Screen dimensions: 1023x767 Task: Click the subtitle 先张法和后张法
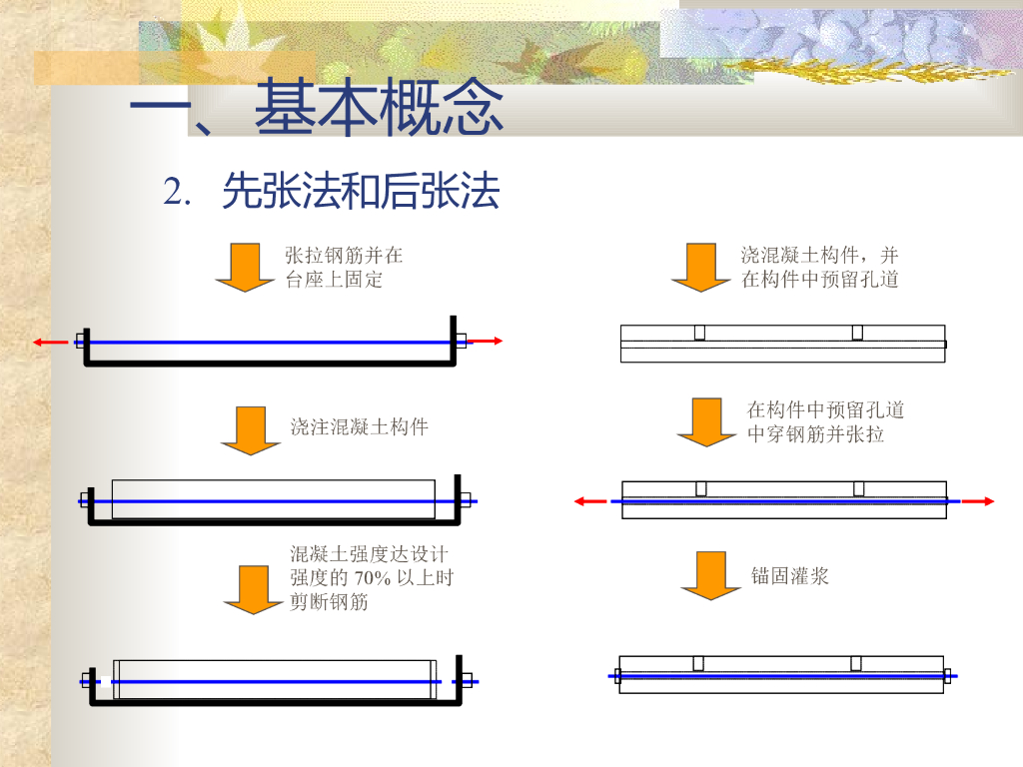pyautogui.click(x=361, y=191)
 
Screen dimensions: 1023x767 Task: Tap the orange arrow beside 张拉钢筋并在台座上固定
pyautogui.click(x=245, y=268)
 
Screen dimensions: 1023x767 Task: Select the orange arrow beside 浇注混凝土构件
pyautogui.click(x=251, y=430)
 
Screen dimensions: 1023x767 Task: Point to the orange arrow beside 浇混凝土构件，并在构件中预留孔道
pyautogui.click(x=700, y=268)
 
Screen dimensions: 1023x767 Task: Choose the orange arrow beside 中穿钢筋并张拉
pyautogui.click(x=706, y=421)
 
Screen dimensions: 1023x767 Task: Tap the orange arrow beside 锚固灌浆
pyautogui.click(x=710, y=575)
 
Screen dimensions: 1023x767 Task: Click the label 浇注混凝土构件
pyautogui.click(x=360, y=427)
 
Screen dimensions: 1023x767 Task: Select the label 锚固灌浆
pyautogui.click(x=790, y=575)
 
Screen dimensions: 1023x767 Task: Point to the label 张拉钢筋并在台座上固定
pyautogui.click(x=344, y=268)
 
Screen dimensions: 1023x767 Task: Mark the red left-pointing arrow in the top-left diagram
pyautogui.click(x=49, y=343)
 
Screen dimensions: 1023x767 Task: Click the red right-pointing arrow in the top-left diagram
pyautogui.click(x=486, y=342)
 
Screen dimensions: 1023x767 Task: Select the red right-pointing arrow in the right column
pyautogui.click(x=978, y=501)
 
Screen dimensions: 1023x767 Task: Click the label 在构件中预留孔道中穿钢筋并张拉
pyautogui.click(x=825, y=422)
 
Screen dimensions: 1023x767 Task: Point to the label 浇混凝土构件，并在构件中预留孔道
pyautogui.click(x=819, y=268)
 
